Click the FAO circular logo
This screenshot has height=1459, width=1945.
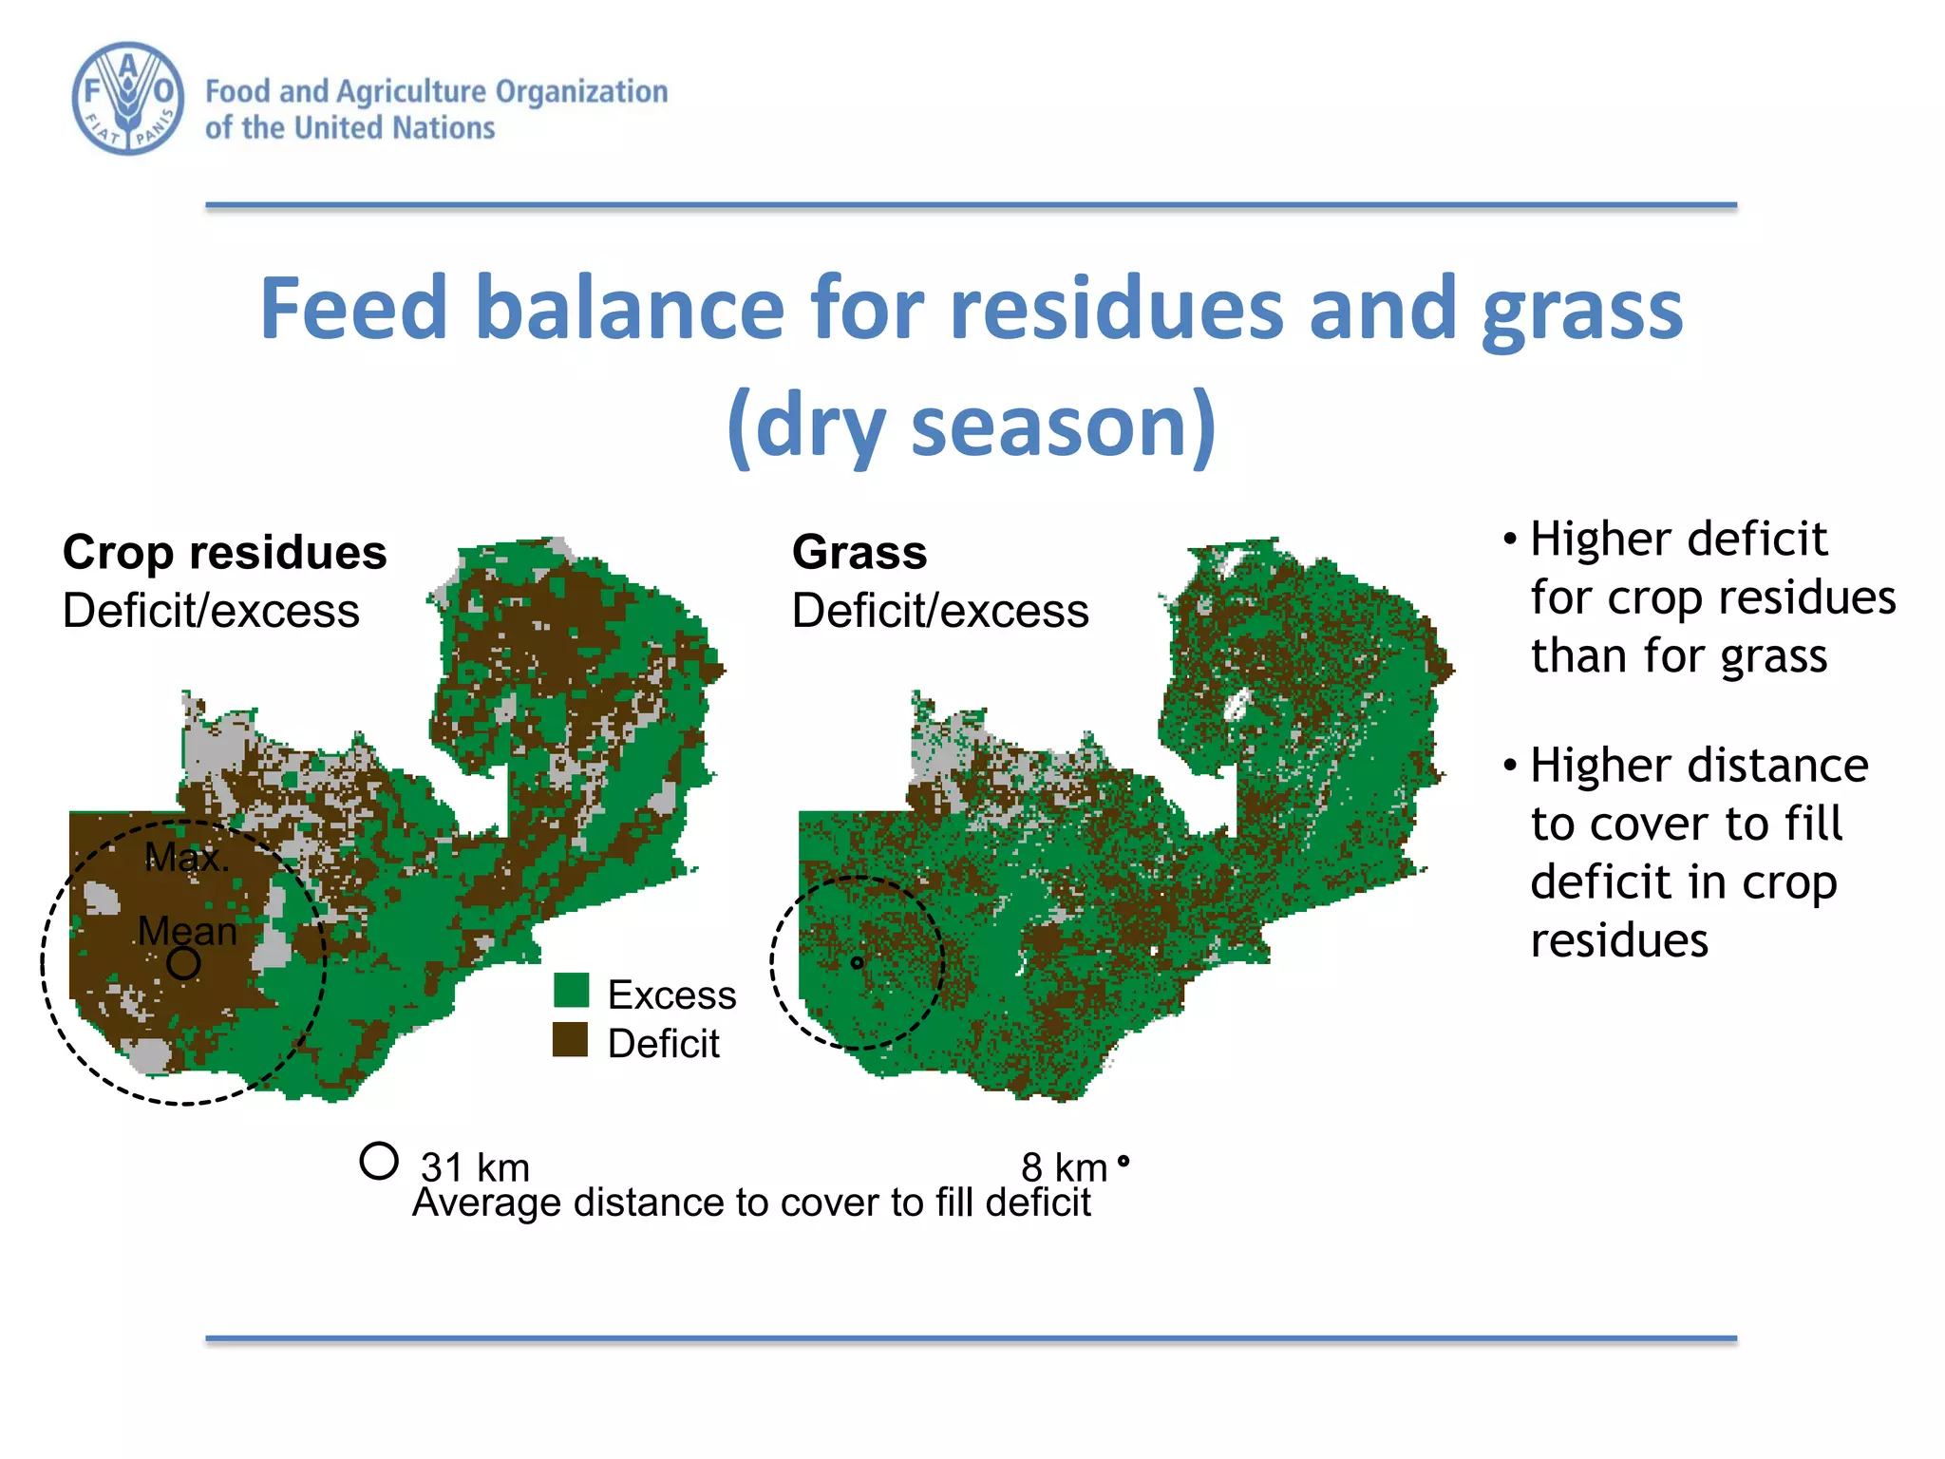128,99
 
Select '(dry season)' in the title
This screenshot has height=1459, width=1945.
971,425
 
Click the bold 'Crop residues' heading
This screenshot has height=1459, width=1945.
224,553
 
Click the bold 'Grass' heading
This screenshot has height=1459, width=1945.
859,553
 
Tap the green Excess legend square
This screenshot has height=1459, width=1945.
571,991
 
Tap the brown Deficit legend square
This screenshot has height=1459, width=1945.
570,1040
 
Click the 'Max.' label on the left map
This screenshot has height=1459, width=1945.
186,858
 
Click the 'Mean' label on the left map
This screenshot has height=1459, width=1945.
187,931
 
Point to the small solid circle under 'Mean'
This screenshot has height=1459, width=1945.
183,963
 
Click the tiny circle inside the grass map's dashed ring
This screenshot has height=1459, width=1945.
857,963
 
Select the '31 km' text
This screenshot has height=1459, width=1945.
475,1166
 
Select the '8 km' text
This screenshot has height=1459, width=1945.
1064,1166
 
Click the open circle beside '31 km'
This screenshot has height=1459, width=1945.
378,1161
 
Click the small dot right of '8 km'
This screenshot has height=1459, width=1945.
1124,1161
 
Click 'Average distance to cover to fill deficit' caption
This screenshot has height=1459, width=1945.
751,1203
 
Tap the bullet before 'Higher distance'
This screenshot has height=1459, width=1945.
1509,766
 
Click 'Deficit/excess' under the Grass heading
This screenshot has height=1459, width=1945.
940,611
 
